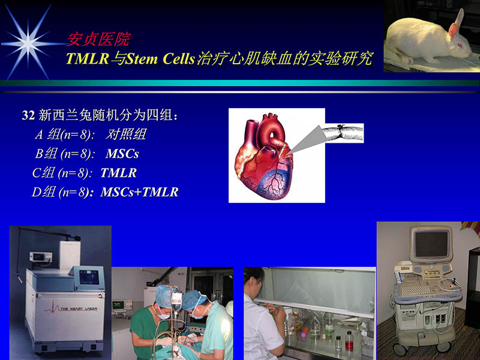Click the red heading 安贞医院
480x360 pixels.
(98, 40)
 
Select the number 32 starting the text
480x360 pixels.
(28, 116)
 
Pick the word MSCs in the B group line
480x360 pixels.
(122, 154)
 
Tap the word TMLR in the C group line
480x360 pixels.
(118, 173)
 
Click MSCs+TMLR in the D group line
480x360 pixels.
(139, 193)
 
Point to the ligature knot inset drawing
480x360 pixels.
(342, 133)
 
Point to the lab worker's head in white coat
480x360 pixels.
(254, 281)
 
